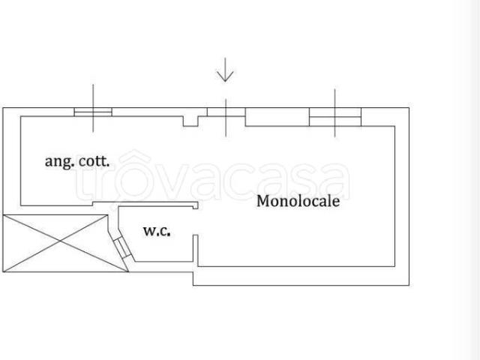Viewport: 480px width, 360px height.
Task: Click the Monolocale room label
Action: pos(298,201)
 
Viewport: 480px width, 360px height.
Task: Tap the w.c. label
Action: pos(157,230)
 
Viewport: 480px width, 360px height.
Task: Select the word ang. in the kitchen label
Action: pos(59,162)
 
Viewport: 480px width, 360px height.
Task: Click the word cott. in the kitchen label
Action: pos(94,161)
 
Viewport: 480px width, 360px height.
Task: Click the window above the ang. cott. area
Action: pos(93,112)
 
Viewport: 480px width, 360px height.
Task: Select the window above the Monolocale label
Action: pos(335,117)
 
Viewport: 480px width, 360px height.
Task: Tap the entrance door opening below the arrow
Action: pos(226,112)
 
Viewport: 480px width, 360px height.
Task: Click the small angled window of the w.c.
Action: pos(122,247)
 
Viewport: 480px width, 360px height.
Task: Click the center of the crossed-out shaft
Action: pos(61,241)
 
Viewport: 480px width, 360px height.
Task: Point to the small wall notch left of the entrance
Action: pos(190,121)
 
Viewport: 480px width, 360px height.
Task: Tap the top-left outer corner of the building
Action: pos(3,108)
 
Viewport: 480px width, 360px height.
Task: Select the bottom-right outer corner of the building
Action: pos(409,285)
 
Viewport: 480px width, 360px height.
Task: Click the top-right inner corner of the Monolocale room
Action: pos(394,126)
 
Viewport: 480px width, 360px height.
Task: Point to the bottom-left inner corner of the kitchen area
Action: pos(20,205)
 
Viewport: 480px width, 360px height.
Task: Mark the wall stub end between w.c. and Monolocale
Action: pos(195,235)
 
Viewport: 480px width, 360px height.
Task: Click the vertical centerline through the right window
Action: pos(335,113)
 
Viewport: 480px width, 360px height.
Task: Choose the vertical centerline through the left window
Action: pos(93,108)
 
